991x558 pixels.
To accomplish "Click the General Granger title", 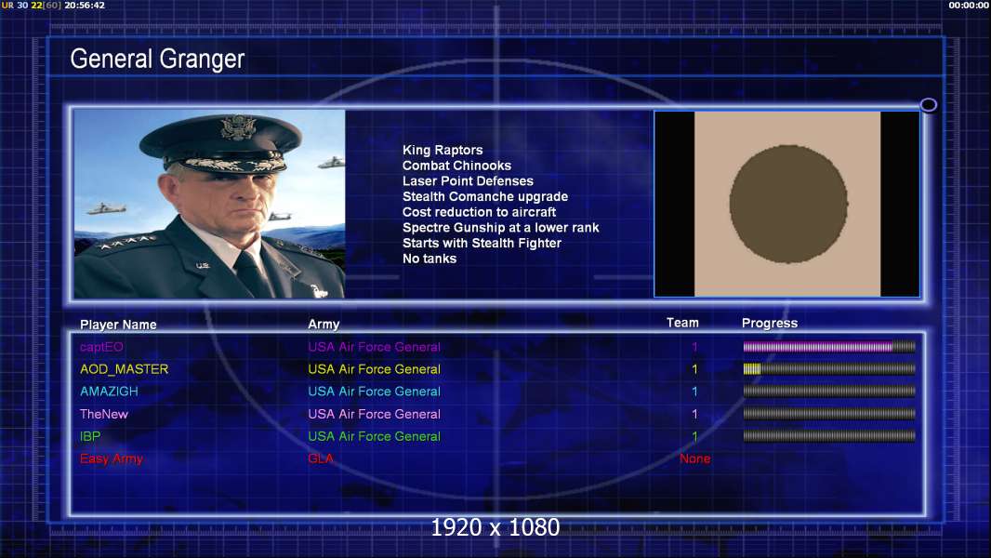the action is tap(157, 59).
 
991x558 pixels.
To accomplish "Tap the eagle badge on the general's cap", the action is tap(238, 127).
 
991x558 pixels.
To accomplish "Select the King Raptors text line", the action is tap(443, 150).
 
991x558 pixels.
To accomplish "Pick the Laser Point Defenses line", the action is tap(468, 180).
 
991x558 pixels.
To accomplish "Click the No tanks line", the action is tap(429, 259).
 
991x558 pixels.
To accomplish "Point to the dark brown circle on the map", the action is tap(788, 204).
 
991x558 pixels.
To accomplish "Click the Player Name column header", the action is tap(118, 325).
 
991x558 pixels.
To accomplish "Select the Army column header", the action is tap(324, 325).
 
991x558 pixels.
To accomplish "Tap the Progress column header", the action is tap(769, 323).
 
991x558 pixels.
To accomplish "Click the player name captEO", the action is tap(101, 347).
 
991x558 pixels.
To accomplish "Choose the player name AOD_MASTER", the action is tap(124, 369).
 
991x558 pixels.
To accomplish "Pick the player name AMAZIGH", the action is tap(109, 392).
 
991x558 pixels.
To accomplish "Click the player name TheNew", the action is tap(103, 414).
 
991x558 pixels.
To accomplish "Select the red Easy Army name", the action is tap(112, 458).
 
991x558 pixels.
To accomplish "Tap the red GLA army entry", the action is tap(321, 458).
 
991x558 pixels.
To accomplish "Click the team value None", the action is tap(694, 458).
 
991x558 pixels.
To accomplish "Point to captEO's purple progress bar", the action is tap(818, 346).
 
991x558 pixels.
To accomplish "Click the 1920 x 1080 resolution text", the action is tap(495, 527).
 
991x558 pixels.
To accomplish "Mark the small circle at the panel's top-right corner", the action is tap(929, 105).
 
